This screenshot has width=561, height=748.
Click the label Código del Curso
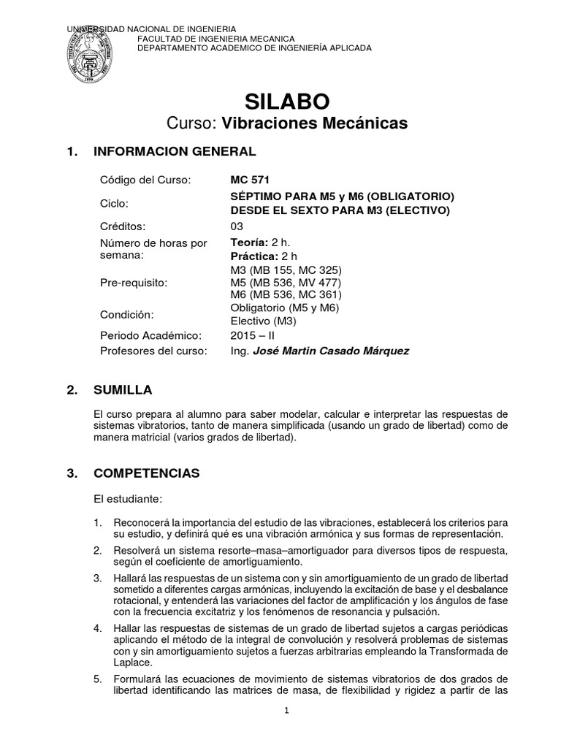coord(144,180)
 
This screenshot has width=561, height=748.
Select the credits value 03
coord(237,226)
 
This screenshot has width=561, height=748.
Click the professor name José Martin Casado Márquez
coord(330,351)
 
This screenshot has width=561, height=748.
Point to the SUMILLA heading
coord(123,390)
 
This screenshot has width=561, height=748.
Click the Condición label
coord(126,314)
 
